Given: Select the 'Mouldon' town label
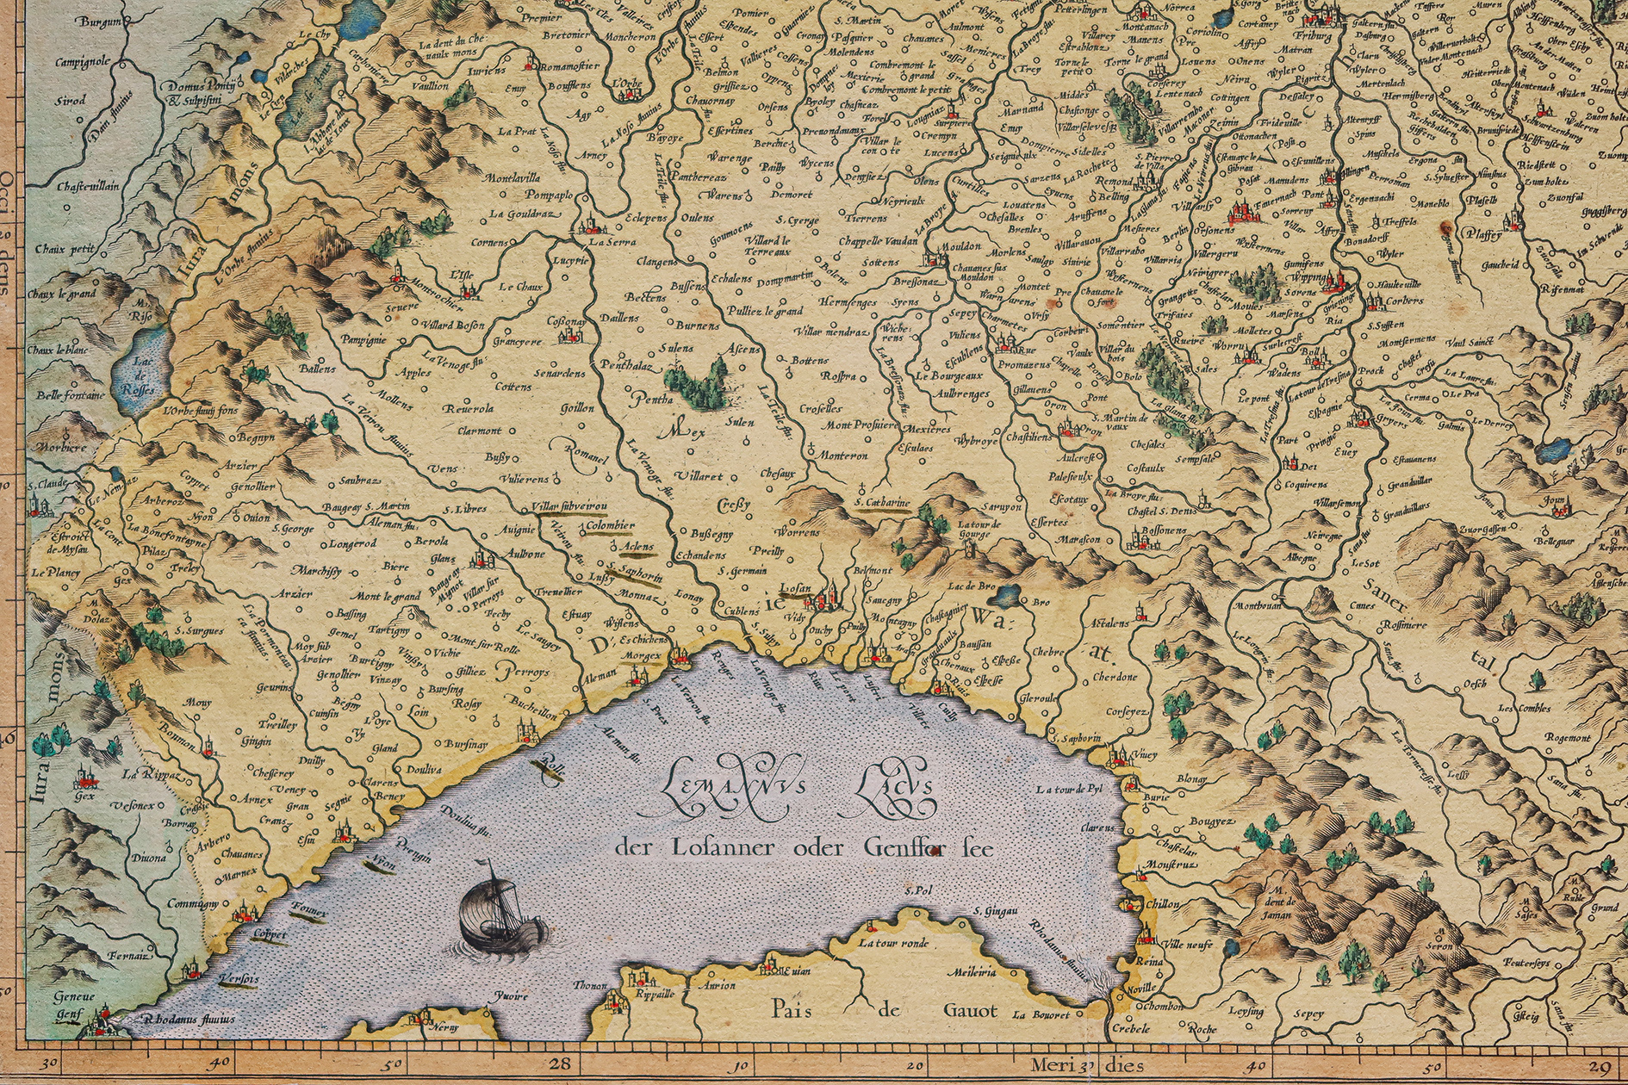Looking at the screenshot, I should (x=960, y=246).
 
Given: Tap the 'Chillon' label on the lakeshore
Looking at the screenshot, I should (x=1162, y=905).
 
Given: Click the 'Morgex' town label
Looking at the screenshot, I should (x=643, y=655).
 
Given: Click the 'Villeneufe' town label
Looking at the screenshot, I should (x=1188, y=945).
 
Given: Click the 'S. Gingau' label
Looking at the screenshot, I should (x=996, y=910).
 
